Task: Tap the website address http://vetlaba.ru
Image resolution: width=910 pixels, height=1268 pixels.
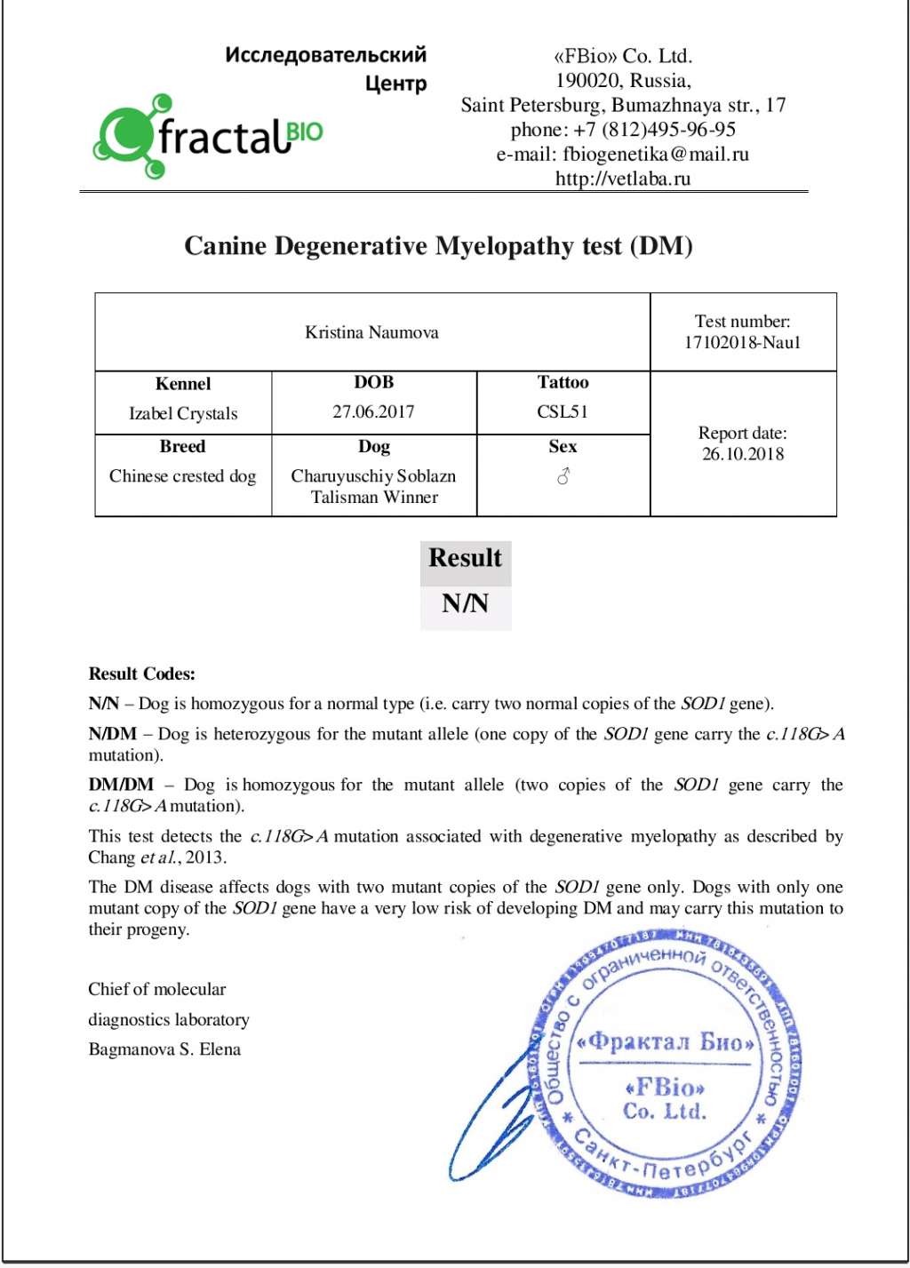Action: point(622,179)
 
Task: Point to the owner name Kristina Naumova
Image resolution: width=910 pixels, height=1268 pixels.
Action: point(371,332)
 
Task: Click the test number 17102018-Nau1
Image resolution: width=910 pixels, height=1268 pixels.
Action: point(742,343)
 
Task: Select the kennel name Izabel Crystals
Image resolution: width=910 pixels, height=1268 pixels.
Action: point(183,413)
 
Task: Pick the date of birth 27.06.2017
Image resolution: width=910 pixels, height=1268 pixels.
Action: point(373,411)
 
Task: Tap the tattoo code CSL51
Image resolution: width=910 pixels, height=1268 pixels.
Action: point(563,411)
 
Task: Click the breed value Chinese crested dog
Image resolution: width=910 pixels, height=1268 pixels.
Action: point(182,476)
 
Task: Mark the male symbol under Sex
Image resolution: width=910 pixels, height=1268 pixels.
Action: point(563,476)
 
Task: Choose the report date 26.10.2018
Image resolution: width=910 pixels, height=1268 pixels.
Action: point(742,454)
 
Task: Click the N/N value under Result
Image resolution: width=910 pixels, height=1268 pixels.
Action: point(465,604)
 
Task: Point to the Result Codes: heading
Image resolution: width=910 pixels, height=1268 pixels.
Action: point(141,674)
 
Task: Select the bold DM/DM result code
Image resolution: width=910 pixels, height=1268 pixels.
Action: point(121,786)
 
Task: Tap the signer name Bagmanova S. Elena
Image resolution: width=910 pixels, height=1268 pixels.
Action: point(164,1049)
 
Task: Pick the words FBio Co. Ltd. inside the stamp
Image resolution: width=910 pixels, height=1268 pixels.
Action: point(664,1099)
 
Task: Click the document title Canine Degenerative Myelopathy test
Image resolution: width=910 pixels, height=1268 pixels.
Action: point(438,246)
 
